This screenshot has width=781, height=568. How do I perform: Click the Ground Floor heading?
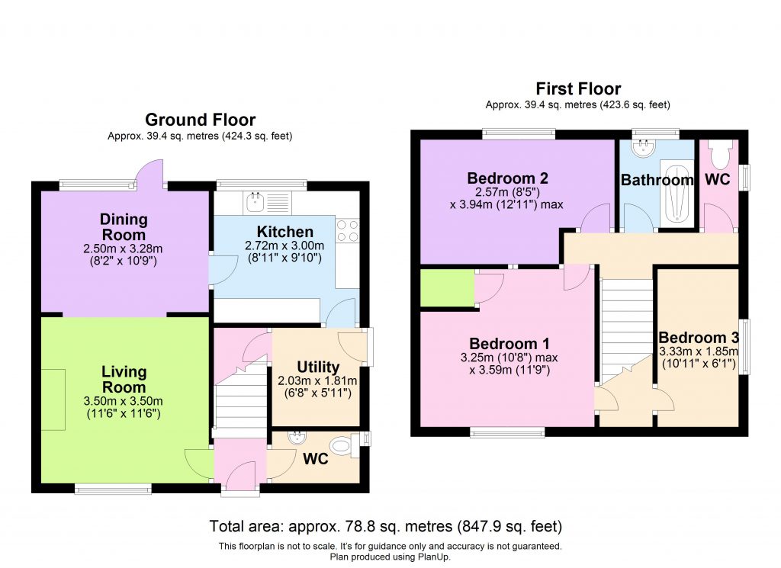click(200, 120)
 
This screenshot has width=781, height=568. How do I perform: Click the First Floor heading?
click(577, 89)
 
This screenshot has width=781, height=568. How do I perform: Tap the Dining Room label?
click(124, 227)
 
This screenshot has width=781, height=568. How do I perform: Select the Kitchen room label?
click(284, 232)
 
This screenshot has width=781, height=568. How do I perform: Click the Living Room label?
click(124, 379)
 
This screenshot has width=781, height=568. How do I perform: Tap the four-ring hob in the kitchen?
click(347, 230)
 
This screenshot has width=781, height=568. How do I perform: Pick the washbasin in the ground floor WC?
click(295, 438)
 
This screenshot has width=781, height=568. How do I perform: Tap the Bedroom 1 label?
click(509, 343)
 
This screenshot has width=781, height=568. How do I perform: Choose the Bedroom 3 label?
click(698, 338)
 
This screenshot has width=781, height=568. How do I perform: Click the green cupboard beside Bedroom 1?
click(447, 289)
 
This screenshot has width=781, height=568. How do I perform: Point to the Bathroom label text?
click(657, 181)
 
